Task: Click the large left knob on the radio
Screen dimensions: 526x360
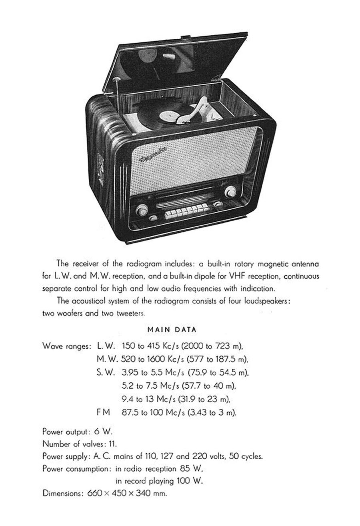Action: point(142,209)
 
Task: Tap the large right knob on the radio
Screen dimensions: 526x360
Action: point(230,191)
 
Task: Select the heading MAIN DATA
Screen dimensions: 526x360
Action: point(172,330)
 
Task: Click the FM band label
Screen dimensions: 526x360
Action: point(103,412)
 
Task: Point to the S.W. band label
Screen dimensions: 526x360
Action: point(106,372)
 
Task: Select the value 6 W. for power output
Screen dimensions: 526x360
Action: point(103,432)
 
